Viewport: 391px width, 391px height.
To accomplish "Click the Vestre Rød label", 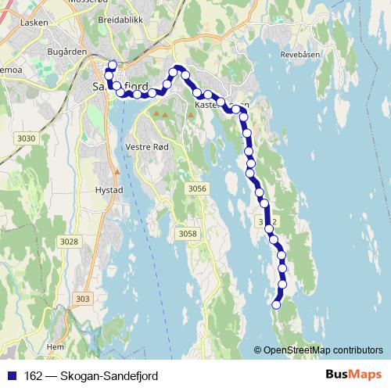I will click(146, 146).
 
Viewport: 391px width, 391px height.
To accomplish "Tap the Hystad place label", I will click(109, 190).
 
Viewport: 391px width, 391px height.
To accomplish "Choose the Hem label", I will click(55, 346).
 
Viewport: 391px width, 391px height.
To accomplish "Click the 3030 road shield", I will click(26, 138).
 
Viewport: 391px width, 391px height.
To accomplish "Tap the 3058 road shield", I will click(188, 234).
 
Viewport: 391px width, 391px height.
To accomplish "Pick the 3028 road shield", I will click(70, 242).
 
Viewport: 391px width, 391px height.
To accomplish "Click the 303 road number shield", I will click(84, 299).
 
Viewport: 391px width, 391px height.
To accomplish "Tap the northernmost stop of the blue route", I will click(112, 65).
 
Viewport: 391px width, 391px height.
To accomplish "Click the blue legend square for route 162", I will click(11, 376).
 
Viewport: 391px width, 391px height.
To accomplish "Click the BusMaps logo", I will click(353, 375).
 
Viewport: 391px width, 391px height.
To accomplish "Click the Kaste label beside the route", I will click(205, 104).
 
